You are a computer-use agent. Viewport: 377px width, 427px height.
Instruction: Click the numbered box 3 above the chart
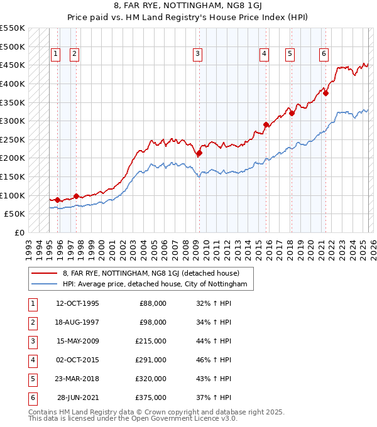coord(197,55)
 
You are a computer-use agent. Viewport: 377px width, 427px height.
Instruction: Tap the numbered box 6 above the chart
coord(323,55)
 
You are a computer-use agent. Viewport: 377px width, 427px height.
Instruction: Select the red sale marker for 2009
coord(199,153)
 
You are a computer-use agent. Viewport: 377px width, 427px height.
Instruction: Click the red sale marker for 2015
coord(266,124)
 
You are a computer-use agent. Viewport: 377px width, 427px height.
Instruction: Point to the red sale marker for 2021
coord(325,93)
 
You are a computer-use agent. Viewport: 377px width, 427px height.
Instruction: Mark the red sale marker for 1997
coord(76,196)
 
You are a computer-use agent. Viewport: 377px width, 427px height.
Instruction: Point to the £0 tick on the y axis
coord(19,232)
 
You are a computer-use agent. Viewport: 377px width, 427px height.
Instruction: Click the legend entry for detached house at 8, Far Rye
coord(151,273)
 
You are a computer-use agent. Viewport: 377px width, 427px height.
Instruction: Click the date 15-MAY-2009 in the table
coord(77,342)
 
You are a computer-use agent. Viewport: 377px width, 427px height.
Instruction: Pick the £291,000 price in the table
coord(151,360)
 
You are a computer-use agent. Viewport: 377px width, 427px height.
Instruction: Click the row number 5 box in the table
coord(32,379)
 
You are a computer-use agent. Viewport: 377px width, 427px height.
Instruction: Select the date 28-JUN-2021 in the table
coord(77,397)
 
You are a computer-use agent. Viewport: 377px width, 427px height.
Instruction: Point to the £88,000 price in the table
coord(153,303)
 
